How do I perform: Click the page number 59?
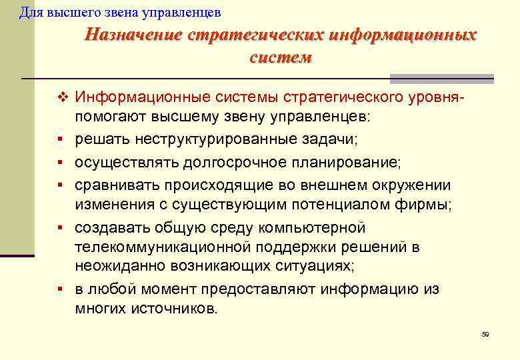point(485,334)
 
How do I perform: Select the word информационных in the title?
point(400,35)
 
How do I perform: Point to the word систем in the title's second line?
point(280,57)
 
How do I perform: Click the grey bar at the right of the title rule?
point(441,77)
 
